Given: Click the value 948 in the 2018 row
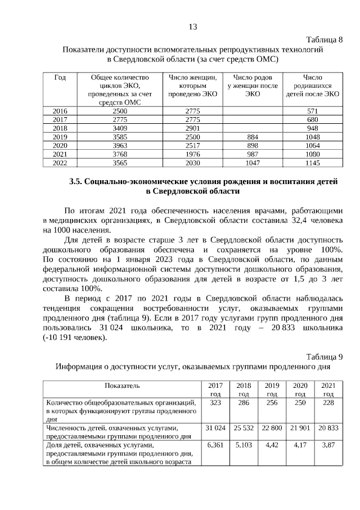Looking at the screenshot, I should [313, 128].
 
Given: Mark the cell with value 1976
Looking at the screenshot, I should [192, 154].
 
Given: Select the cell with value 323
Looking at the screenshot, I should [215, 403].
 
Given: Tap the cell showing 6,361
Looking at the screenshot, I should [215, 445].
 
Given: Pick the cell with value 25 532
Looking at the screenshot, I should [244, 428].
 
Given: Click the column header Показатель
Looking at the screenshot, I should [121, 386].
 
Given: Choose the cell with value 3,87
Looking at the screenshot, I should [328, 445].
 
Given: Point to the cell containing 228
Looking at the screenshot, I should [328, 403].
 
